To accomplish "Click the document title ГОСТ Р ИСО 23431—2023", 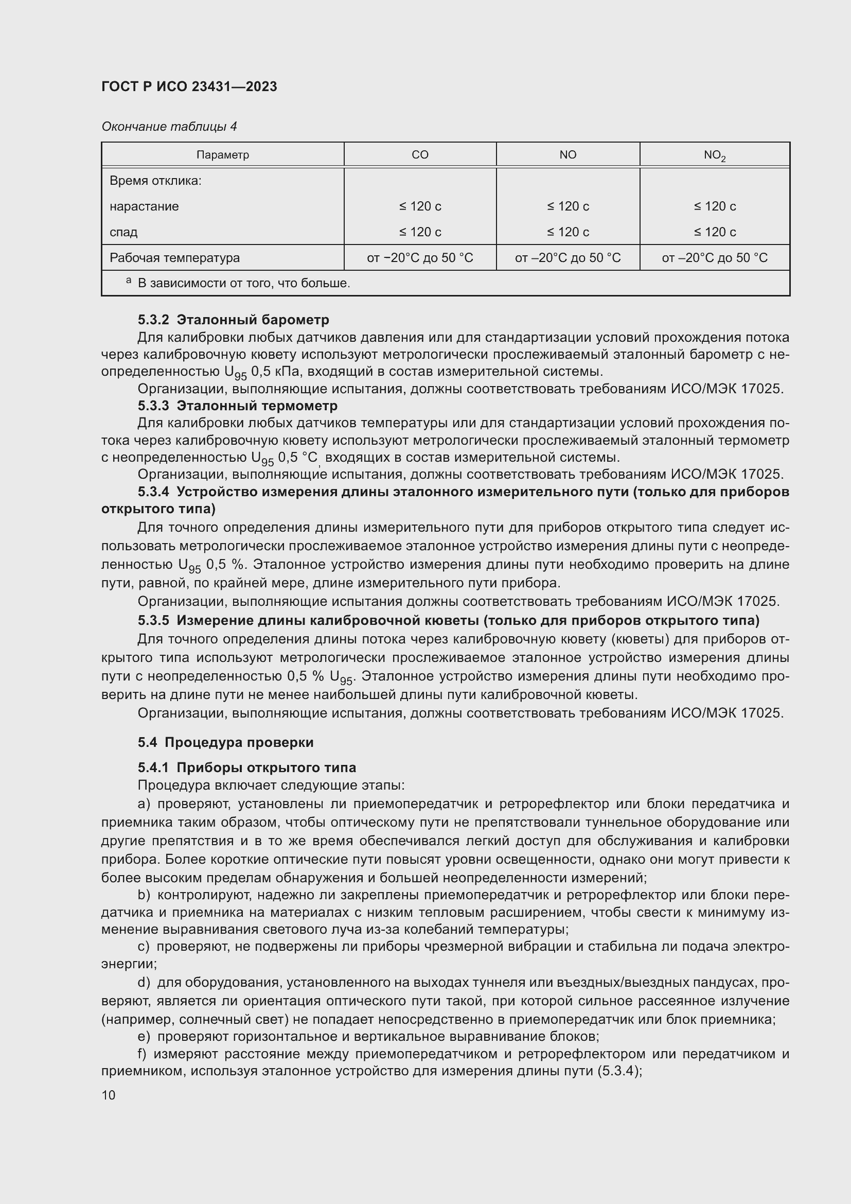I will point(189,86).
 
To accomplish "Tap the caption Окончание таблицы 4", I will point(169,127).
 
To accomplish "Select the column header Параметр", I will point(223,155).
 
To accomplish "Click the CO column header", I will point(420,155).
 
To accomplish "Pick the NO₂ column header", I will point(714,155).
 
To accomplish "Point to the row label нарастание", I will point(144,206).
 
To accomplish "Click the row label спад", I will point(123,232).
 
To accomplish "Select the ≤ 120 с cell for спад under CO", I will point(420,232).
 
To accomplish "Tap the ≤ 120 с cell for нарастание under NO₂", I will point(715,206).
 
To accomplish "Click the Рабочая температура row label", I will point(174,257).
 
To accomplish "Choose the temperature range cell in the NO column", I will point(568,257).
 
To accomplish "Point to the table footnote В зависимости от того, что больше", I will point(244,283).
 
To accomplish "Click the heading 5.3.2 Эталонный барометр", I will point(233,319).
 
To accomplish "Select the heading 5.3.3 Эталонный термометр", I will point(237,405).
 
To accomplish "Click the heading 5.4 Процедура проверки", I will point(225,742).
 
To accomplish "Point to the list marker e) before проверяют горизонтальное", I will point(144,1037).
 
